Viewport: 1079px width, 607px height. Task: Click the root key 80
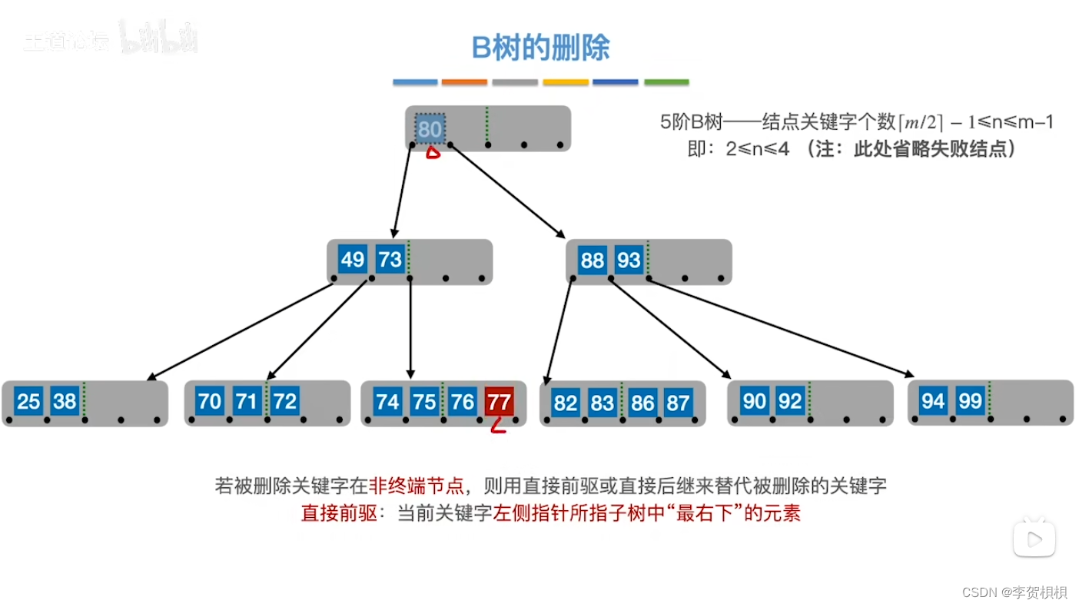point(430,129)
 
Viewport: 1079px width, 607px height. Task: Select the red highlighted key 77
point(499,402)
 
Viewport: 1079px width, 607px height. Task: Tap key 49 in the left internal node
point(352,260)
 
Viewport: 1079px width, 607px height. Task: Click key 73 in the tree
point(390,260)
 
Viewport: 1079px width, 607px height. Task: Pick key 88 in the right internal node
point(592,260)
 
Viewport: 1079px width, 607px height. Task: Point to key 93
point(629,260)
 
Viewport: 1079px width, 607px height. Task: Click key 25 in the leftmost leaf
point(28,401)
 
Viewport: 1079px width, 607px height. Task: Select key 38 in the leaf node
point(65,401)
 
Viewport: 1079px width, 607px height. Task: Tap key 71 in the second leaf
point(247,401)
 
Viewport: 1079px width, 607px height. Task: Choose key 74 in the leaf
point(387,402)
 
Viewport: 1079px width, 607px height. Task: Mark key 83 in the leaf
point(603,403)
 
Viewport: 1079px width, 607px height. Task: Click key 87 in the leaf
point(677,403)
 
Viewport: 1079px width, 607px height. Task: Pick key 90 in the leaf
point(754,401)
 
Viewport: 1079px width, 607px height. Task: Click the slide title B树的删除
point(540,48)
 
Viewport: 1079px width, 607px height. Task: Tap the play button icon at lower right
point(1034,539)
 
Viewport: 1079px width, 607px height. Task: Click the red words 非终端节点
point(417,486)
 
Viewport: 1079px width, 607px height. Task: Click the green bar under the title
point(666,82)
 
